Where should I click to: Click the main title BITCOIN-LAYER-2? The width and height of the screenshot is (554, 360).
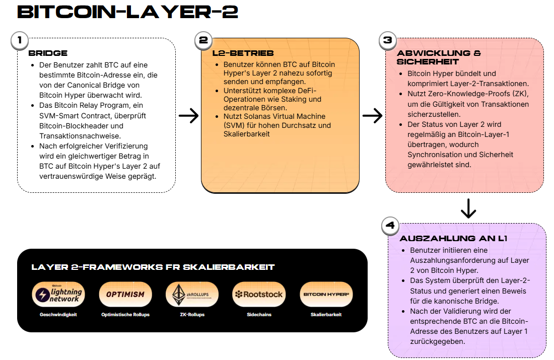click(x=127, y=12)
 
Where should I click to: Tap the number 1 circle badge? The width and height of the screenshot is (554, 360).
click(x=20, y=40)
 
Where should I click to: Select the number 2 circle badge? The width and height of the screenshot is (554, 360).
click(x=203, y=40)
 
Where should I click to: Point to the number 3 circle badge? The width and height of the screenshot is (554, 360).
click(x=388, y=40)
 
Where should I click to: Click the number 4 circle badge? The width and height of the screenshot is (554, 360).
click(x=390, y=226)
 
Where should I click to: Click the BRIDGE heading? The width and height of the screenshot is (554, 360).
click(x=48, y=53)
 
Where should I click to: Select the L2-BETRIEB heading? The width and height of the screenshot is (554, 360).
click(x=243, y=53)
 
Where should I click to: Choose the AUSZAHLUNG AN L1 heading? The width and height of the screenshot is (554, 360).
click(x=453, y=239)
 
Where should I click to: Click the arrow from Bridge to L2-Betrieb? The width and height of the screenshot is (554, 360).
click(x=189, y=116)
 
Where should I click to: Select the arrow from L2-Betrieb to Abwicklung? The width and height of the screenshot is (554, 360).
click(x=373, y=116)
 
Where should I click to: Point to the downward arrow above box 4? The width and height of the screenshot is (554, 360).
click(x=468, y=209)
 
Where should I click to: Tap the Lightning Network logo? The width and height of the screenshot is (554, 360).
click(x=58, y=294)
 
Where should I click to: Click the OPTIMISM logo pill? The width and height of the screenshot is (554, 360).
click(x=125, y=294)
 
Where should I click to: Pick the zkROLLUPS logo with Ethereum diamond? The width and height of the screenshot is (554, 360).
click(x=192, y=294)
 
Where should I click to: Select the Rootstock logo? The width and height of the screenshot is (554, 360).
click(x=259, y=294)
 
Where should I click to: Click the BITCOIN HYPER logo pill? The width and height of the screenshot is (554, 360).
click(x=326, y=294)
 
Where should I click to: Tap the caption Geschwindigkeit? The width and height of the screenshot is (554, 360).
click(x=58, y=315)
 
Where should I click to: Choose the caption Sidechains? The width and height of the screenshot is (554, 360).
click(x=259, y=315)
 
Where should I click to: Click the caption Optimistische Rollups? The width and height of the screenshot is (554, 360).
click(x=125, y=315)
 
